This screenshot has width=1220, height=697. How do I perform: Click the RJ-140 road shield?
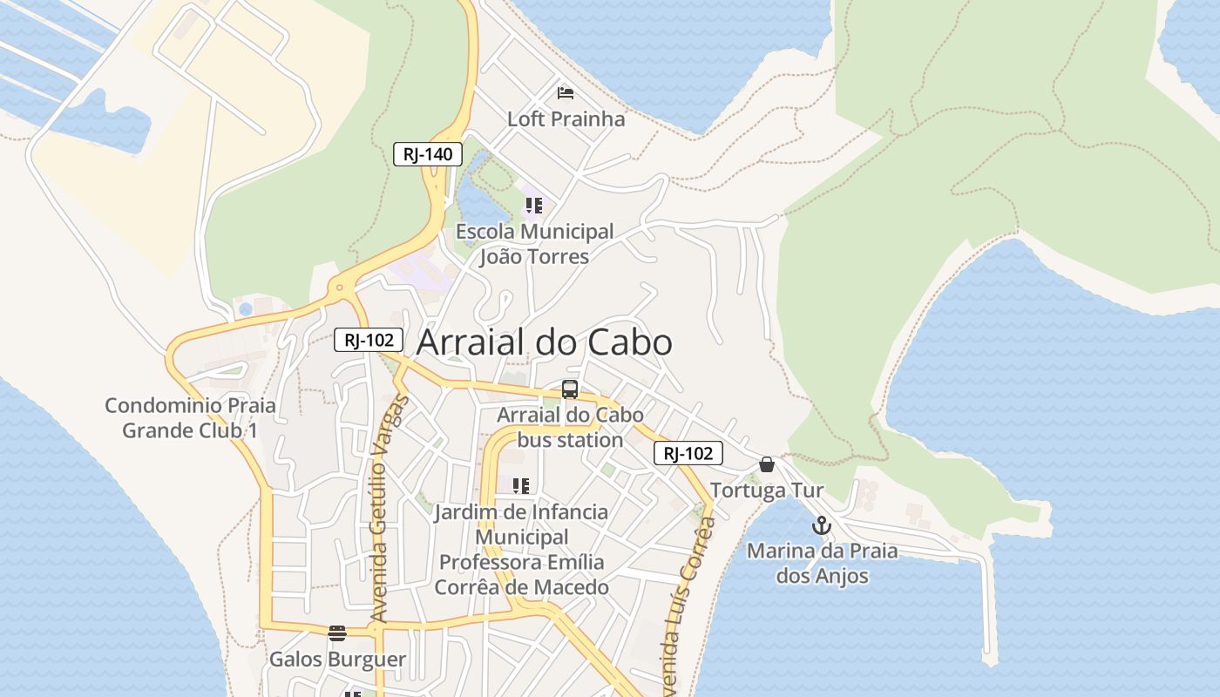point(427,154)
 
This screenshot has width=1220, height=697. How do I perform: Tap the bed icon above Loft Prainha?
point(566,92)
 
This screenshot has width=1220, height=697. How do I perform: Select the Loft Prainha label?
point(566,118)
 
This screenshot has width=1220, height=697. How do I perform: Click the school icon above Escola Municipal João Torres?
point(533,206)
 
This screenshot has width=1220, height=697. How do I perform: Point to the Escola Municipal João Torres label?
point(534,244)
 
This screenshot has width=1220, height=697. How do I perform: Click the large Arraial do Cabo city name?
point(544,342)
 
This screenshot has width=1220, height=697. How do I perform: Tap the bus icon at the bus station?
point(570,389)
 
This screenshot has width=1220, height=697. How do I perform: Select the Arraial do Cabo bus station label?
point(570,427)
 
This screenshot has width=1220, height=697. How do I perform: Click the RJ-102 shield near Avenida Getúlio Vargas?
point(369,340)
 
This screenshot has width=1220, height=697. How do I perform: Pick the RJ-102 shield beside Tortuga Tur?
point(688,453)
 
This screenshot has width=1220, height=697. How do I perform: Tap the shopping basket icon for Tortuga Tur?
point(767,464)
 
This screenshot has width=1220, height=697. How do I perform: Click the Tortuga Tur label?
point(767,491)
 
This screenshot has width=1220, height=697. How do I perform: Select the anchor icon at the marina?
point(821,525)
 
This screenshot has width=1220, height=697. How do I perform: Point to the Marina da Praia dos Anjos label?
point(822,563)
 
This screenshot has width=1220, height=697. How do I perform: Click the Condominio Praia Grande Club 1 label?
point(190,417)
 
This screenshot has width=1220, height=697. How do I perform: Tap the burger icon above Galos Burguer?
point(337,633)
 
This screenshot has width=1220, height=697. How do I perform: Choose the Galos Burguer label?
point(337,659)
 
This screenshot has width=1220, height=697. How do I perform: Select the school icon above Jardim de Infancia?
point(521,485)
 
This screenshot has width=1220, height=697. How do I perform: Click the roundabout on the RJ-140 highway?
point(339,287)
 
